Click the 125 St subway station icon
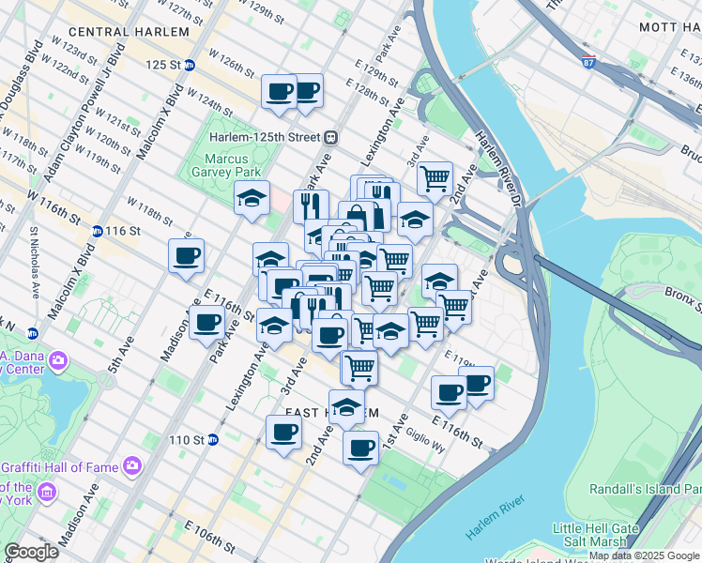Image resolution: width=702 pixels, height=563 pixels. [190, 65]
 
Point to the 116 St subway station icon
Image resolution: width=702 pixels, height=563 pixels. [97, 231]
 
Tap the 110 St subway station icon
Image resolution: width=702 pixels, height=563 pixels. [212, 439]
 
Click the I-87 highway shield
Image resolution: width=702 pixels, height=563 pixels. [588, 63]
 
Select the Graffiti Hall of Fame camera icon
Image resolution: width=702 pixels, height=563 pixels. [131, 464]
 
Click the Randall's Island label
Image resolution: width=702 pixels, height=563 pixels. [645, 489]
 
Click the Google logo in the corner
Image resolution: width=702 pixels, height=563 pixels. [31, 552]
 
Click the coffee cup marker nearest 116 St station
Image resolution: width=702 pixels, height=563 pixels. [186, 255]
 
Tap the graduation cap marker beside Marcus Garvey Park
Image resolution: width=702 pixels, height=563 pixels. [252, 198]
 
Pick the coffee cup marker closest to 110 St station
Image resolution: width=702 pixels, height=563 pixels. [282, 433]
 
